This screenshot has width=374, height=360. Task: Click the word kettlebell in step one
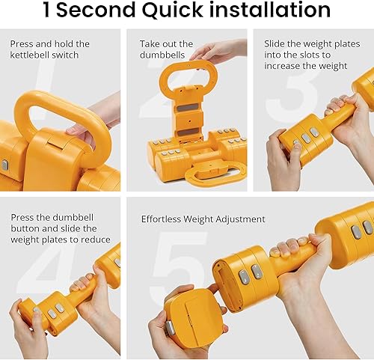tap(32, 55)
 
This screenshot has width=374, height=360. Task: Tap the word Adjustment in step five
tap(240, 219)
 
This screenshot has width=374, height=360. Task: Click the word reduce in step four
tap(95, 240)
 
